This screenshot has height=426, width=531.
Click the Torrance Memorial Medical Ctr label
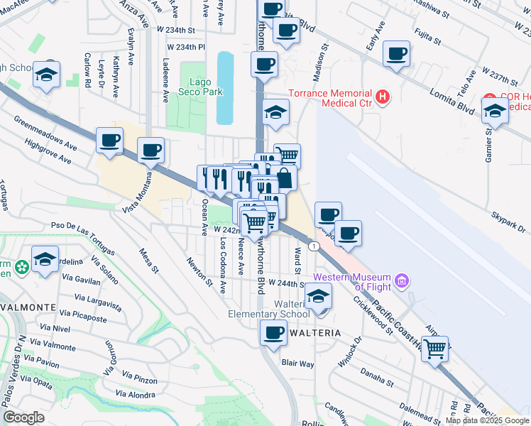pyautogui.click(x=330, y=98)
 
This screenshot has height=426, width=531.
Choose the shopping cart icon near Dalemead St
pyautogui.click(x=434, y=348)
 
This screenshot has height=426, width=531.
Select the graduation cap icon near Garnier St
pyautogui.click(x=495, y=110)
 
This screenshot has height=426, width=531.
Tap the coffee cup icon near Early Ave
pyautogui.click(x=396, y=53)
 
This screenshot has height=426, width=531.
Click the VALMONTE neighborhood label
pyautogui.click(x=28, y=307)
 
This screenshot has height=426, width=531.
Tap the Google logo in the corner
pyautogui.click(x=23, y=417)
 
